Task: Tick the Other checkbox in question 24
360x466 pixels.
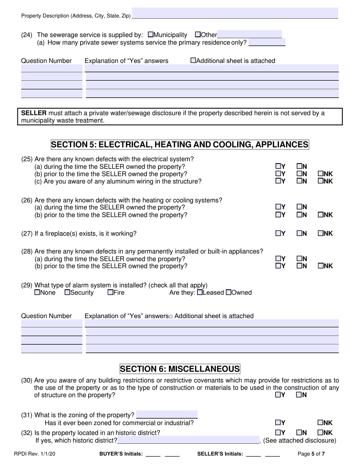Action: tap(197, 34)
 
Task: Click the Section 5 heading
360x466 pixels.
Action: tap(180, 145)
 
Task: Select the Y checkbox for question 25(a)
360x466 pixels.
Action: tap(278, 166)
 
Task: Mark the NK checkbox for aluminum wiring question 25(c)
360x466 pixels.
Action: tap(320, 181)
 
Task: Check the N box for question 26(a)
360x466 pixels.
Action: tap(299, 207)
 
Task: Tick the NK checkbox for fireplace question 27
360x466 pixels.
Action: tap(320, 233)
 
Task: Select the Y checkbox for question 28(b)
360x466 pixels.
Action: tap(278, 266)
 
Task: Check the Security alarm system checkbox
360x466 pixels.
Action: tap(67, 292)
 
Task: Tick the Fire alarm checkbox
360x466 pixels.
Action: tap(110, 292)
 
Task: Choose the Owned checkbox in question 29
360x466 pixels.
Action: tap(228, 292)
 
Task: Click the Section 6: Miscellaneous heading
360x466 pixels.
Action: tap(180, 369)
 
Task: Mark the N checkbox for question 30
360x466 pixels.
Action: tap(299, 395)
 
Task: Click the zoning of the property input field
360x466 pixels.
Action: tap(167, 415)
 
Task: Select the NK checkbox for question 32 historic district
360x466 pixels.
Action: tap(320, 432)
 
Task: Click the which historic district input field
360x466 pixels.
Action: tap(188, 440)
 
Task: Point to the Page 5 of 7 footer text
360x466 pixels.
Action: tap(311, 453)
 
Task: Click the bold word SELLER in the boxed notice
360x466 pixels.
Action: tap(34, 113)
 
